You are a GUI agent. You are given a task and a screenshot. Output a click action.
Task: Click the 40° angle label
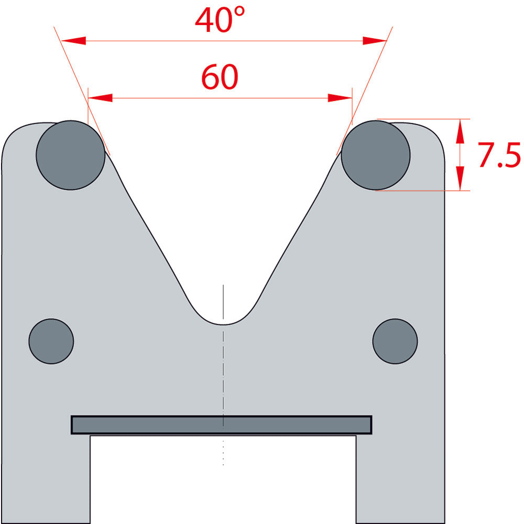coord(220,19)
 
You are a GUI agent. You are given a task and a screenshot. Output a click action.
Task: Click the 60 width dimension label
coord(220,77)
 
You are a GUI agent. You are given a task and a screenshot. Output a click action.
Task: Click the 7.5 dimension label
coord(499,155)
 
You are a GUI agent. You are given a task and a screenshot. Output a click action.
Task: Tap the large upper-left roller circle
coord(71,155)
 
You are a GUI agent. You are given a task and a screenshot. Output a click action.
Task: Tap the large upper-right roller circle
coord(376,155)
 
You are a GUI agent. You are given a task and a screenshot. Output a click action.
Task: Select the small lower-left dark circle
coord(51,341)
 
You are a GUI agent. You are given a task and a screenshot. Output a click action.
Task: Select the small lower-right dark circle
coord(395,341)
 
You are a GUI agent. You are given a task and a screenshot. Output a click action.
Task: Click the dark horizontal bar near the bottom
coord(222,425)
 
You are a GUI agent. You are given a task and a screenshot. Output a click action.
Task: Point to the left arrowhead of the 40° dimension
coord(73,41)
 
